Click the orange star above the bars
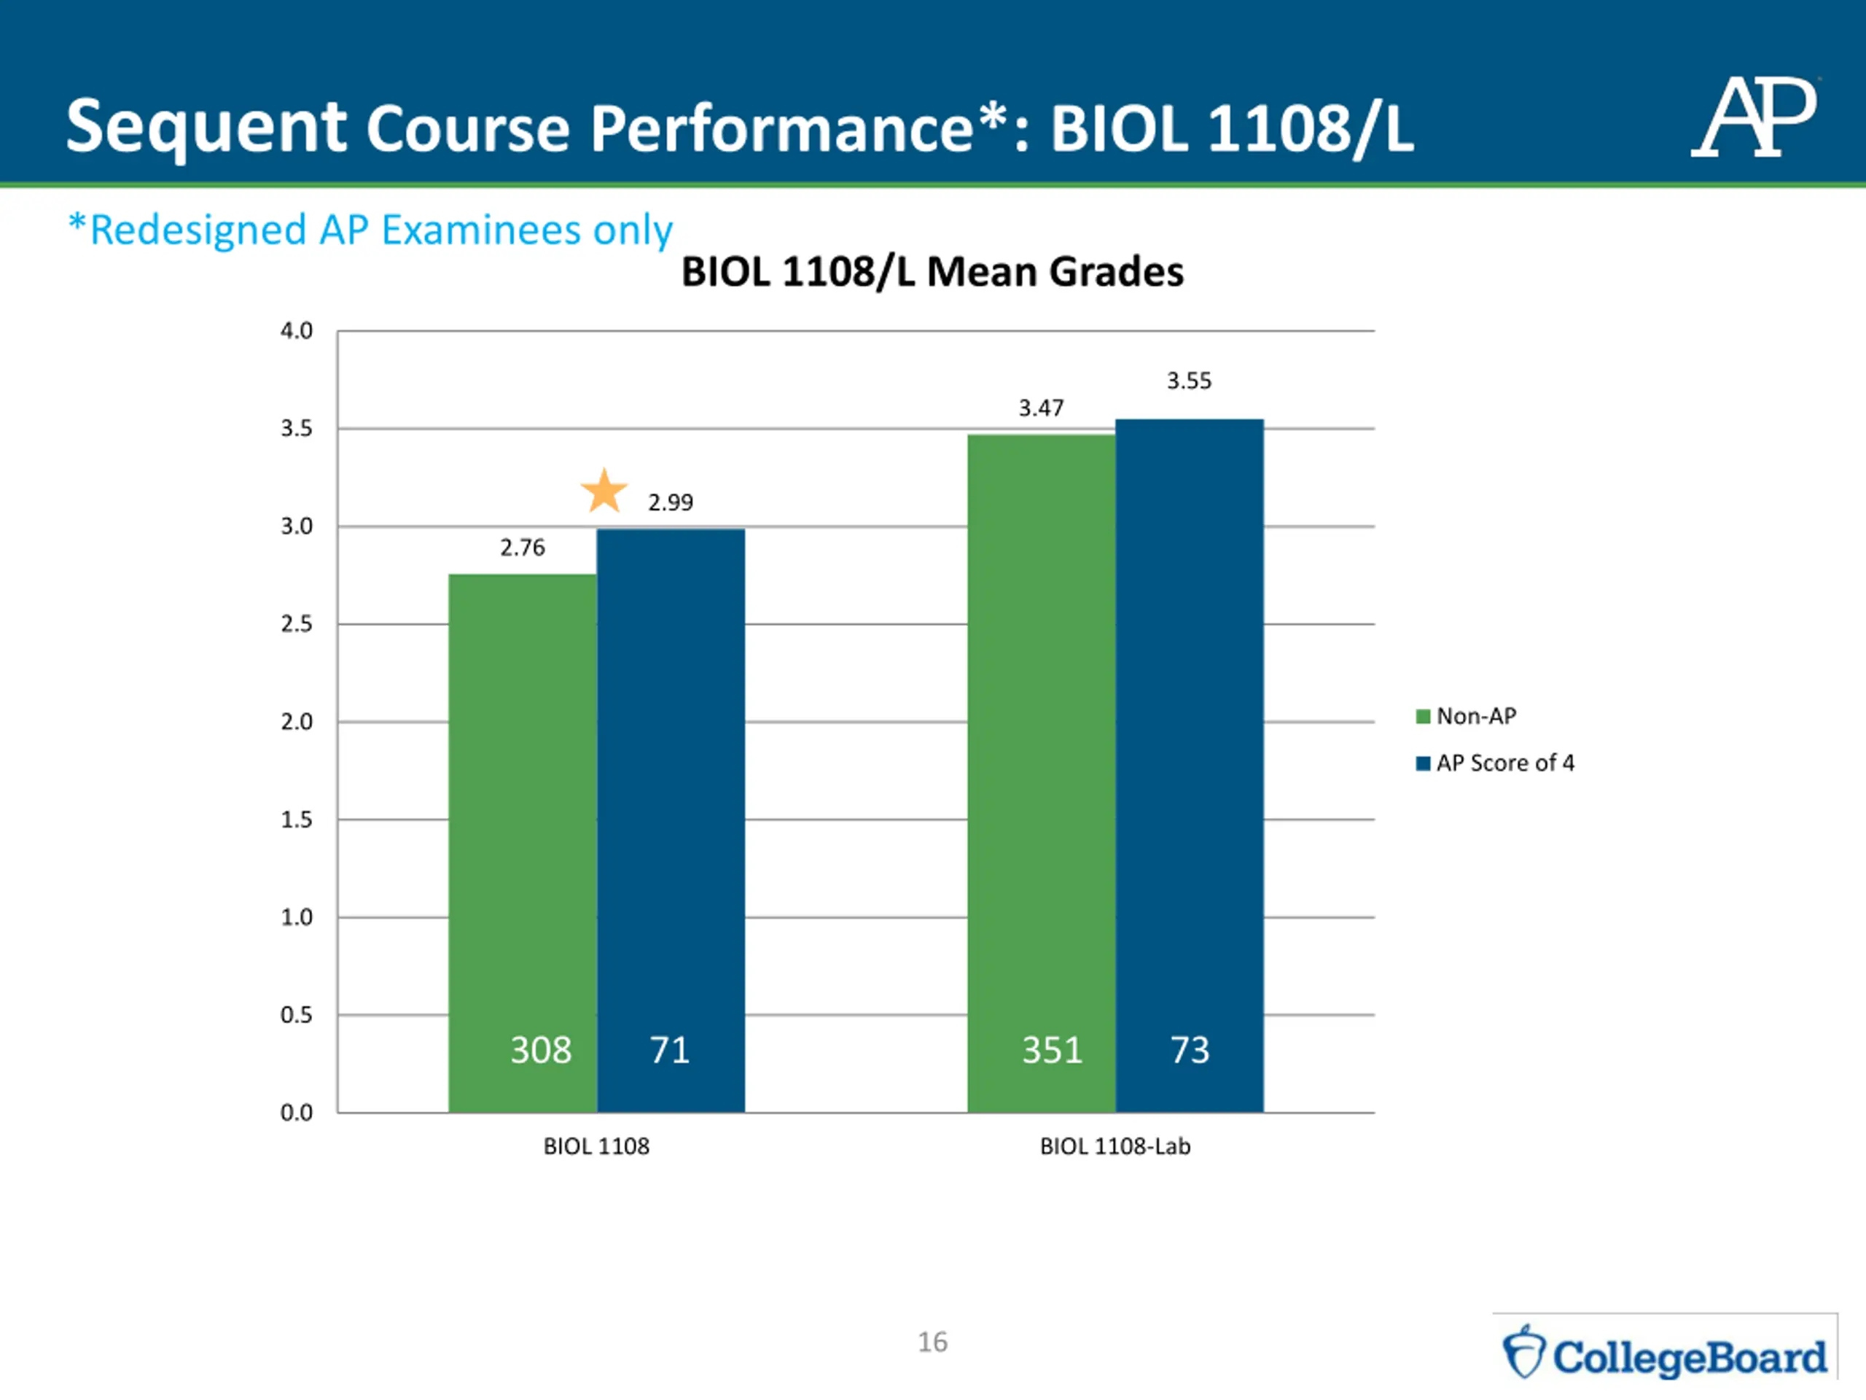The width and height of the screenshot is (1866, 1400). [x=604, y=491]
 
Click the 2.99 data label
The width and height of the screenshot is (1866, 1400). [x=671, y=503]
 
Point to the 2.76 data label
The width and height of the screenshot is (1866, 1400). [x=522, y=548]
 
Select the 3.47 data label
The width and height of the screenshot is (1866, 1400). [x=1041, y=408]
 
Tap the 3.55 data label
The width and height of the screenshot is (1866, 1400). [x=1189, y=381]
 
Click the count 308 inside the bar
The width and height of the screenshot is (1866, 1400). [x=541, y=1051]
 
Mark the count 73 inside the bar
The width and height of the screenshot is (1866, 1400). [x=1190, y=1051]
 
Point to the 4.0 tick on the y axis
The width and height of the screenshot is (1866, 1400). [x=296, y=331]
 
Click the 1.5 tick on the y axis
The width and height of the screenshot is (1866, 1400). [x=296, y=820]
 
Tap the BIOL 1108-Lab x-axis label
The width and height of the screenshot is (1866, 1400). [x=1115, y=1147]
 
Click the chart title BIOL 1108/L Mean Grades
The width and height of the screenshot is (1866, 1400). [x=932, y=272]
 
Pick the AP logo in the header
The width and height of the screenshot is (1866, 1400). [x=1754, y=118]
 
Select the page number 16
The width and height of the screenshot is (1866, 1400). [x=932, y=1342]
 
